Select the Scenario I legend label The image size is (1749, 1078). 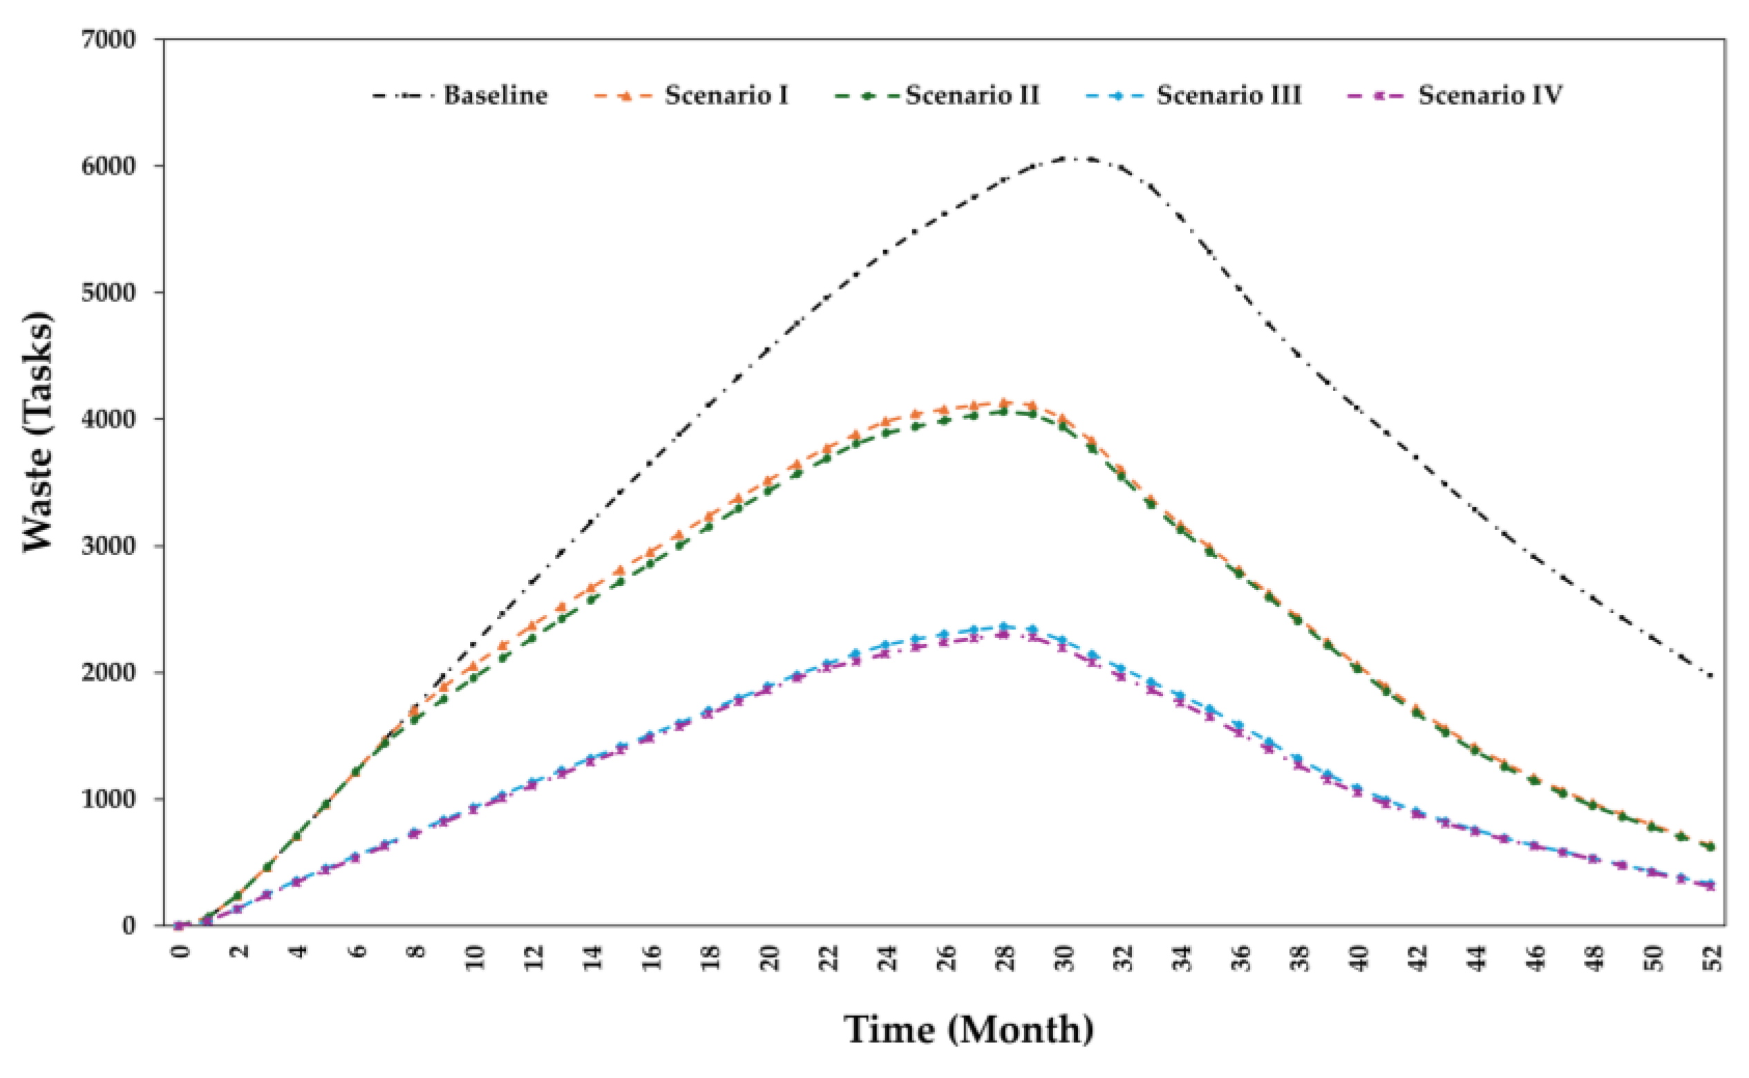coord(726,95)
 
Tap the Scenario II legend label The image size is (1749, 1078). coord(972,95)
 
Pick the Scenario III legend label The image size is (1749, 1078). coord(1228,95)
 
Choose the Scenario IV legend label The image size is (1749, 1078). coord(1489,95)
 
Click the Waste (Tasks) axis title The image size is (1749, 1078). coord(39,432)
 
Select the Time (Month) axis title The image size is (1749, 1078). coord(969,1030)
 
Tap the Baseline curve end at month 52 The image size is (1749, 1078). coord(1711,676)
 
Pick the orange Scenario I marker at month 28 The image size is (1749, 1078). coord(1004,404)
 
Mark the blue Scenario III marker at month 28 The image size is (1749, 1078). coord(1004,627)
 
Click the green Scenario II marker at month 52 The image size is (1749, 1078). coord(1711,847)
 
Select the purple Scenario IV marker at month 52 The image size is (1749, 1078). coord(1711,885)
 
